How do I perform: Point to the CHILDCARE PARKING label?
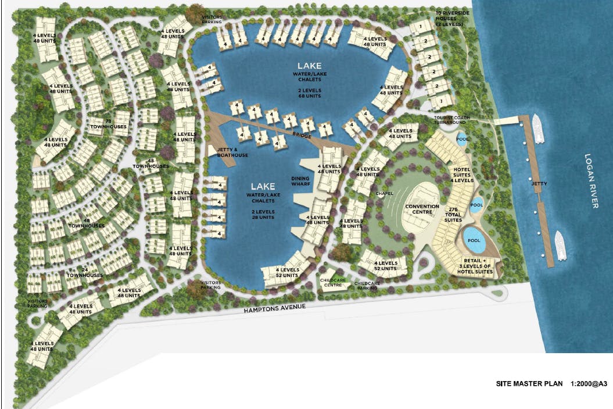(x=367, y=285)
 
